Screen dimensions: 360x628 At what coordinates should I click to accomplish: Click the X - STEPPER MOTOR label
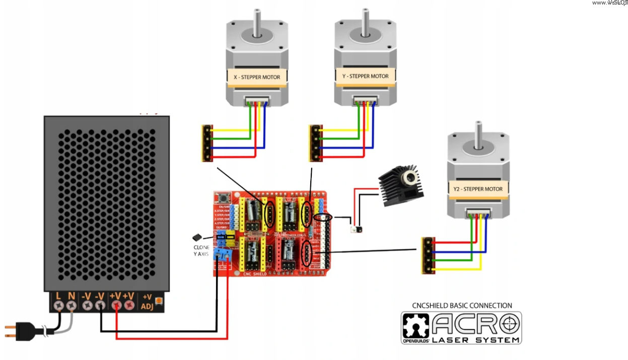pos(257,77)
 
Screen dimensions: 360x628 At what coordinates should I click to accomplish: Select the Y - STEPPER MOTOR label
pos(366,76)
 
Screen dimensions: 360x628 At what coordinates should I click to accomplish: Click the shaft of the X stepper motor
pos(257,22)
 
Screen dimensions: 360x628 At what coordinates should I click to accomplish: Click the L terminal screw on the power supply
pos(59,305)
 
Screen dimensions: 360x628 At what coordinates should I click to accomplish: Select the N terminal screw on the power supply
pos(72,305)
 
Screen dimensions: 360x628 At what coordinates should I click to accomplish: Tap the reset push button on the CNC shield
pos(220,197)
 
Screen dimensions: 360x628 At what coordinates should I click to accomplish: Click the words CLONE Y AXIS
pos(201,251)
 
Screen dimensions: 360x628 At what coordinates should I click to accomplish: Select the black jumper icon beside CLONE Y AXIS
pos(197,237)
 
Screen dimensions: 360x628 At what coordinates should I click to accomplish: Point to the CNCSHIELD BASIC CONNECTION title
pos(462,306)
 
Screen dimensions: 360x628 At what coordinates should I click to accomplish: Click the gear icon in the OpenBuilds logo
pos(415,326)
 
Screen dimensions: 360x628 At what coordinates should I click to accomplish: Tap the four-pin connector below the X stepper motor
pos(206,143)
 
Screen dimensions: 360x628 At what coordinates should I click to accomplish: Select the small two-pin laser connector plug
pos(357,230)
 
